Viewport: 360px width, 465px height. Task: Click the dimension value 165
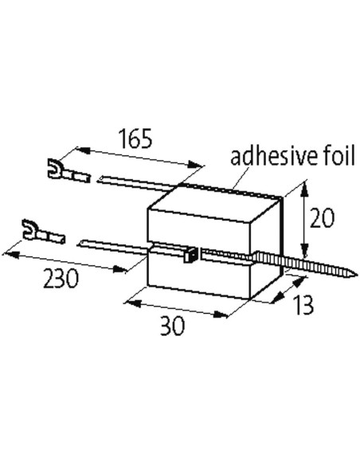point(135,139)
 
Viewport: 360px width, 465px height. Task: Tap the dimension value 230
point(61,278)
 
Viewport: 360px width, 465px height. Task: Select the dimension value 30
point(172,326)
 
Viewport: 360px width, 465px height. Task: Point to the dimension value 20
point(322,217)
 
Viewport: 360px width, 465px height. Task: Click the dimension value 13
point(303,305)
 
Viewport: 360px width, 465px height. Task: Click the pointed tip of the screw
point(354,275)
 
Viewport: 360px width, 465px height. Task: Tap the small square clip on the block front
point(190,255)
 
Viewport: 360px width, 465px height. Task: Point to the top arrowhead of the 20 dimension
point(304,190)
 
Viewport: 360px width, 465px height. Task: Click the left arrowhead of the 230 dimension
point(11,254)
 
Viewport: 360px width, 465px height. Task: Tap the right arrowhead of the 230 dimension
point(120,269)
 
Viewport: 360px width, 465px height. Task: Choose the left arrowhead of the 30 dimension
point(132,303)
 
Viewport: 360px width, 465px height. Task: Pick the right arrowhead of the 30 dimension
point(221,315)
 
